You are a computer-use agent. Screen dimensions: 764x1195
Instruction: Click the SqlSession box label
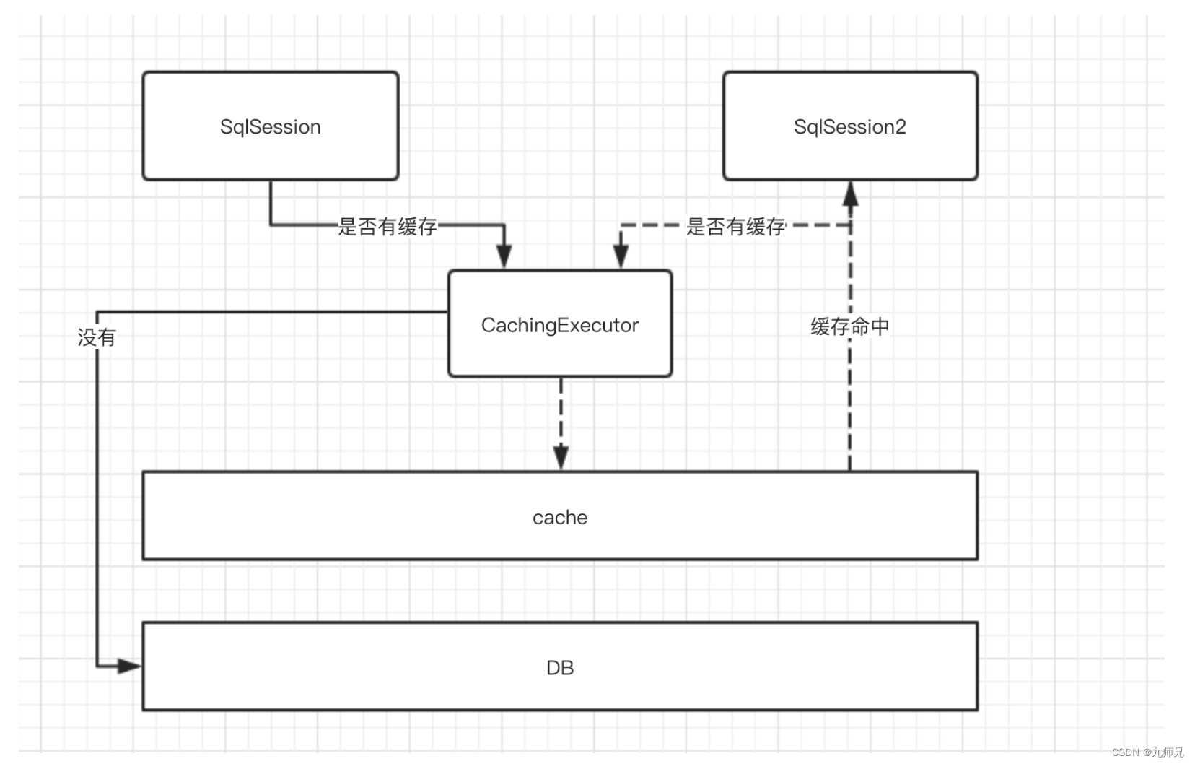point(270,127)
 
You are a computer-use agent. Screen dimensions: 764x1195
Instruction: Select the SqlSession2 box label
point(849,127)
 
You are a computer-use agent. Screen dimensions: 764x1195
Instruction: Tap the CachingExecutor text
point(559,326)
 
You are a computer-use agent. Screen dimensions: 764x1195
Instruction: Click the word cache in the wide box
point(559,518)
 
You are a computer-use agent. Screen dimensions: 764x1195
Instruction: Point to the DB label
point(559,668)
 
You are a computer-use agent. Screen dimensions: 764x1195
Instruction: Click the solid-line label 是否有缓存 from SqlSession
point(388,227)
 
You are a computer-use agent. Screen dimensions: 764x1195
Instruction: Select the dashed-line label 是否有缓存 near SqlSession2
point(735,227)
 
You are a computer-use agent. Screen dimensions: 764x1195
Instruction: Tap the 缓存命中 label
point(849,327)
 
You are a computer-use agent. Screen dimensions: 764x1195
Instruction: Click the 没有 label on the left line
point(96,337)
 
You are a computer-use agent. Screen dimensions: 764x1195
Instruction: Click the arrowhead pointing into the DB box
point(130,666)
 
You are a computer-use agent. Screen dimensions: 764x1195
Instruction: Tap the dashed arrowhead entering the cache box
point(561,458)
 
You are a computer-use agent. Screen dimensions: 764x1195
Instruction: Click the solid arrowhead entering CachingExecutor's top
point(504,256)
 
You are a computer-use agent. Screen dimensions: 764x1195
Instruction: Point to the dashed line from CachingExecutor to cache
point(561,412)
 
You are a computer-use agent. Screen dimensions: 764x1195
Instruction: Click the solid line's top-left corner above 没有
point(97,313)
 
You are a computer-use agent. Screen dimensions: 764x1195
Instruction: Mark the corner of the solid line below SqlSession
point(271,225)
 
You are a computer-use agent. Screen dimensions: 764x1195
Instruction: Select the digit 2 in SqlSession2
point(900,127)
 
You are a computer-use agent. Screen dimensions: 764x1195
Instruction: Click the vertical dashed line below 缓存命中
point(849,404)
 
